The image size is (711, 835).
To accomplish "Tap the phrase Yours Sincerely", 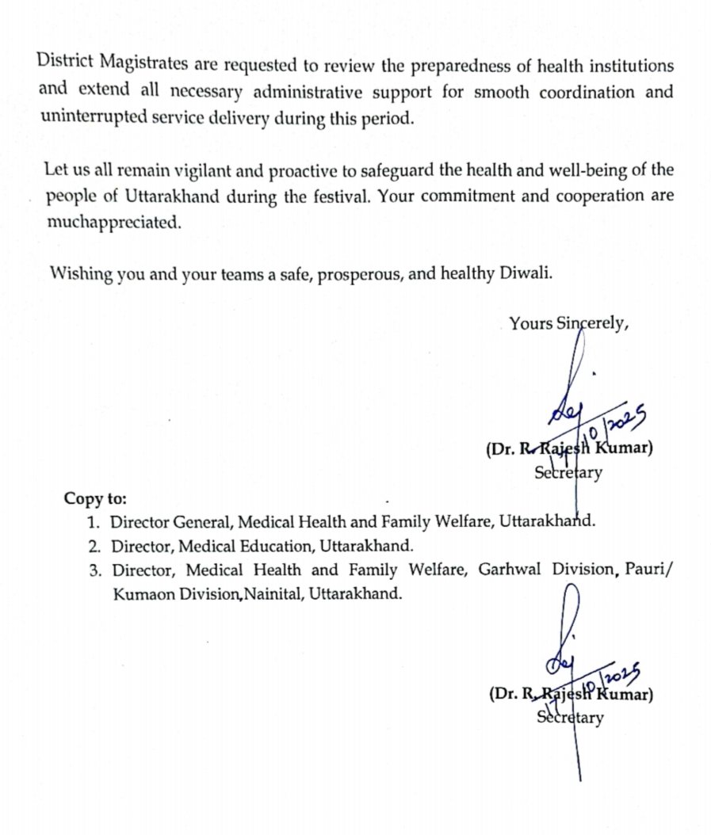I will coord(569,323).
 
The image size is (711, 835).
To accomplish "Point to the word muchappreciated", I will coord(113,223).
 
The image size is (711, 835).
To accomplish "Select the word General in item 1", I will coord(201,523).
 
